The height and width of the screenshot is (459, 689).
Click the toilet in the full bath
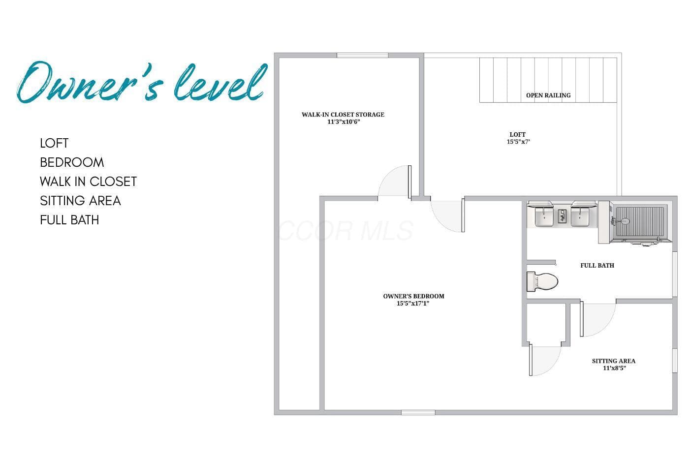pos(542,281)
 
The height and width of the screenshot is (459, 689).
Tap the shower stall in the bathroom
pos(640,222)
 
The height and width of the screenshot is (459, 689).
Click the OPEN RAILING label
pos(548,95)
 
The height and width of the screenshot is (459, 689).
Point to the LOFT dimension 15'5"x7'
pos(518,142)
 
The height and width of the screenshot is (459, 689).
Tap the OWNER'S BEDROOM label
pos(414,296)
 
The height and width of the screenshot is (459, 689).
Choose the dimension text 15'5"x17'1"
pos(413,304)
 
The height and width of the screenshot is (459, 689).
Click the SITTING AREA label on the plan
pos(614,361)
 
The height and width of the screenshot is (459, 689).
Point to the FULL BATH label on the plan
pos(597,266)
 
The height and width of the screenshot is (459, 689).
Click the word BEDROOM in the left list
pos(72,162)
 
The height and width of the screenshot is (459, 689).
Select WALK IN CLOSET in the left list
pos(88,182)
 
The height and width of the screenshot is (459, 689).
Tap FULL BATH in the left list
pos(69,220)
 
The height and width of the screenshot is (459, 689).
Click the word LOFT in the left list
pos(54,143)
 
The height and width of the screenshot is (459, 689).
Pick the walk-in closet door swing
pos(395,182)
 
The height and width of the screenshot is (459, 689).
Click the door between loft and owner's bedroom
pos(447,215)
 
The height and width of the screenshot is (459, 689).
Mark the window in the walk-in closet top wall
pos(362,55)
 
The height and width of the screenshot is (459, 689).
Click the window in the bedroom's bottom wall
pos(418,413)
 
